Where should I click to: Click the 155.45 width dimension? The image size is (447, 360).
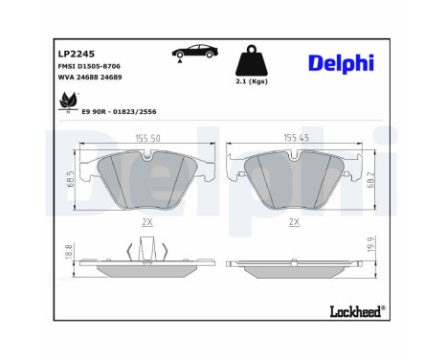click(x=297, y=138)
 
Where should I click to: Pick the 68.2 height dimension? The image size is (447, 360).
click(x=370, y=179)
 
